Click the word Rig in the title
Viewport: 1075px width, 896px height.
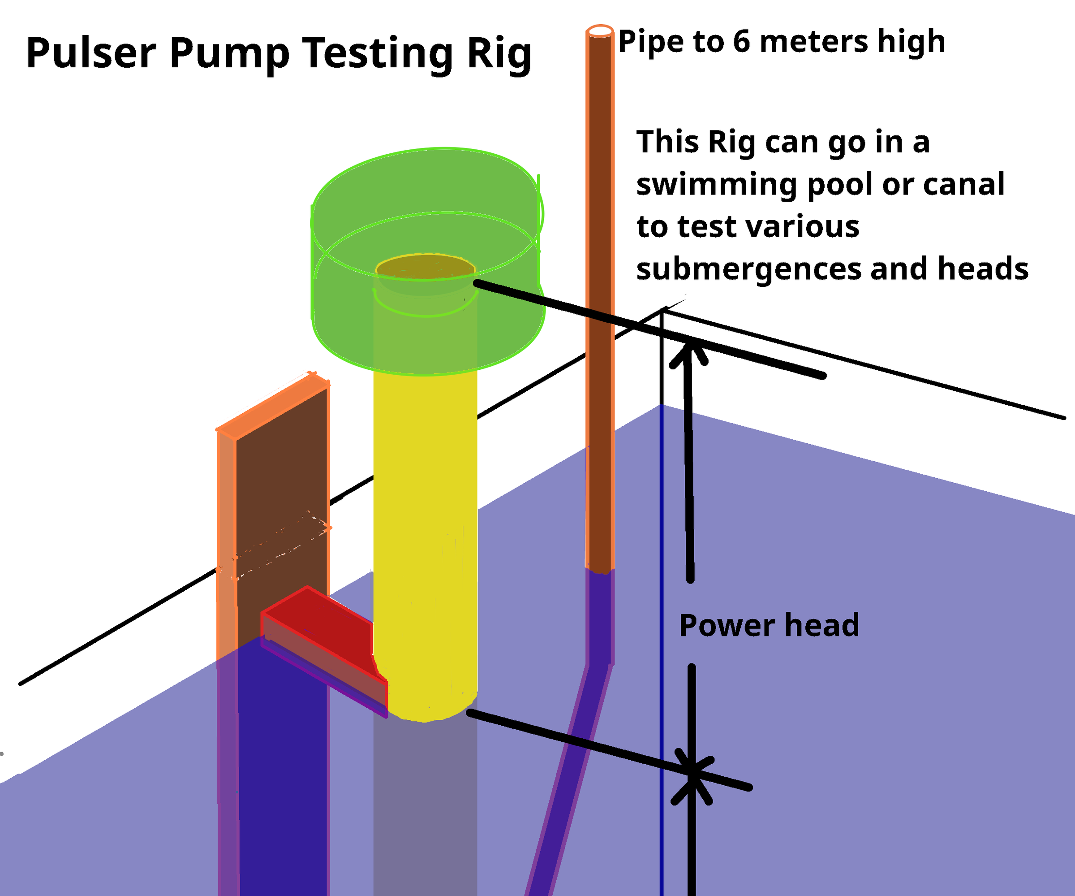(x=499, y=54)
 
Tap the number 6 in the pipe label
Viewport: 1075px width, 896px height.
(x=741, y=41)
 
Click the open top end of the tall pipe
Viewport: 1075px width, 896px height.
(x=599, y=31)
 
